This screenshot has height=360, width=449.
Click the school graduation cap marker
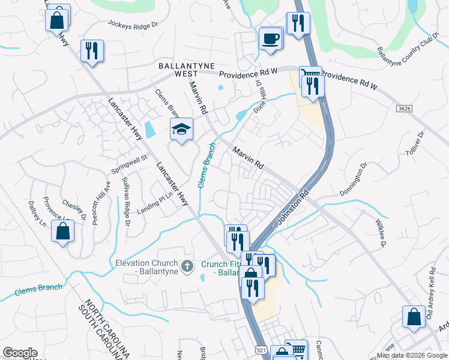(x=181, y=129)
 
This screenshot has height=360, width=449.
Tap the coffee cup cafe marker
(x=270, y=39)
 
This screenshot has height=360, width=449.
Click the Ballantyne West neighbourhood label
(x=178, y=69)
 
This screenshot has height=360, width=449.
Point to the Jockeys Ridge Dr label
(x=132, y=25)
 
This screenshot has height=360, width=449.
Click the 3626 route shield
(x=405, y=108)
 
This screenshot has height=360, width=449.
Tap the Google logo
(x=20, y=353)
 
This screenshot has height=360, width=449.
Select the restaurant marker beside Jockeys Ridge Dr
(x=92, y=50)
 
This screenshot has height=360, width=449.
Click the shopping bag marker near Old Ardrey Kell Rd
(x=414, y=317)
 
